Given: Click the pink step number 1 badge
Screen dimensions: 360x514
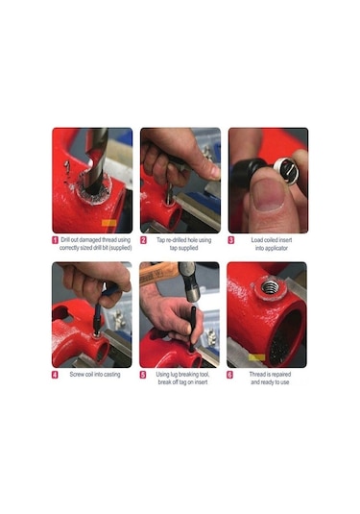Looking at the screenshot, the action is tap(55, 240).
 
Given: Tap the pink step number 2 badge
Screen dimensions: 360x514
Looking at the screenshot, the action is tap(143, 240).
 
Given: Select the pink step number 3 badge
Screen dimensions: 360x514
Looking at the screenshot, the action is tap(231, 240).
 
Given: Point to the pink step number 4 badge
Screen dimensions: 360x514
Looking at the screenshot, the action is tap(55, 375).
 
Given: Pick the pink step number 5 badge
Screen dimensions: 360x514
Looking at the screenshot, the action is tap(143, 375).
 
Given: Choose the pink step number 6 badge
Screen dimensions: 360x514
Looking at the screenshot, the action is tap(230, 375).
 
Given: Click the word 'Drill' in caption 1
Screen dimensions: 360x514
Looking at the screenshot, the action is tap(65, 240).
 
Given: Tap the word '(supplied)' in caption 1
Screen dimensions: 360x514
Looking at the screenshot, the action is tap(120, 248).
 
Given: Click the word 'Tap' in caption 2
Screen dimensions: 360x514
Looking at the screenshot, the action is tap(160, 240).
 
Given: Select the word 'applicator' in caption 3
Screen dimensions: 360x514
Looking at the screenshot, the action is tap(276, 248).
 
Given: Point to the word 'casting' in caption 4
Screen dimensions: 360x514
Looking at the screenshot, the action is tap(112, 375).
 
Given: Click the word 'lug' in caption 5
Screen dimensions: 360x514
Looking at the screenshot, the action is tap(176, 375).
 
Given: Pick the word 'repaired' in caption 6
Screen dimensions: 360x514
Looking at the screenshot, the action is tap(281, 375).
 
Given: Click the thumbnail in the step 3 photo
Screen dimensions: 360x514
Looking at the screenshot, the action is tap(269, 194).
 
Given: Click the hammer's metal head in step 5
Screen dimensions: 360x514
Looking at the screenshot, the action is tap(190, 281).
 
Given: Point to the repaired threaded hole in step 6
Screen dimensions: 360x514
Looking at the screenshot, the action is tap(271, 288).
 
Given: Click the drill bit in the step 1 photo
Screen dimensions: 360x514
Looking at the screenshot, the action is tap(98, 158).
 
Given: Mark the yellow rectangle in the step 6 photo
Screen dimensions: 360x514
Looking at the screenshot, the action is tap(257, 357).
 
